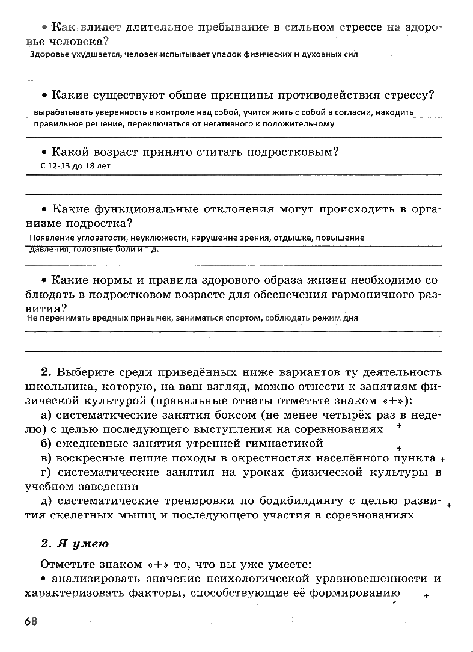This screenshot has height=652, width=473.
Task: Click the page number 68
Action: pos(31,621)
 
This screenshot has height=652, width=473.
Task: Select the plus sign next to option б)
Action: pos(399,448)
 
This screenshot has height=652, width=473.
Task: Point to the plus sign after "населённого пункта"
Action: pos(442,458)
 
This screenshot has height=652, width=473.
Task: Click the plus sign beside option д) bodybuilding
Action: pos(449,506)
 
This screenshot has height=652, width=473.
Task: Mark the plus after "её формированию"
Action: pos(426,596)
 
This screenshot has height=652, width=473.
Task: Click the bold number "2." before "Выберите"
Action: pos(48,371)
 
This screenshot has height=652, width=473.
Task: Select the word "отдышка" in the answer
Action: pos(291,238)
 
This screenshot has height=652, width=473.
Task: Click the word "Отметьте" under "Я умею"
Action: pos(67,564)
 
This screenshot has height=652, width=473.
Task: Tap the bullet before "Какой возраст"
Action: pos(44,153)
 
